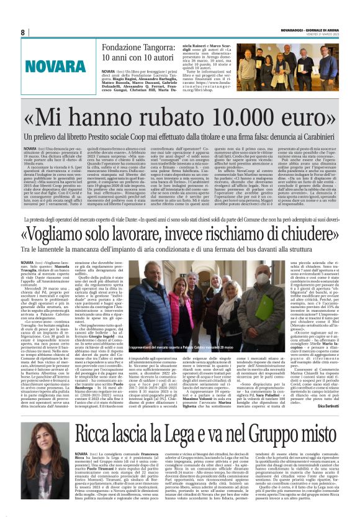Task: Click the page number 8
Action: (23, 32)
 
